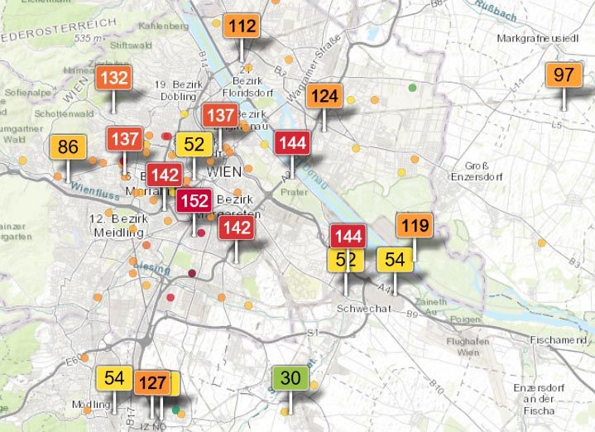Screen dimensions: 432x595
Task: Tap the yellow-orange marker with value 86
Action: pos(68,148)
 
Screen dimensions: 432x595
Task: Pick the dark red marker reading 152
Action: pos(194,201)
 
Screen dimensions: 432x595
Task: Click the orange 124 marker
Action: pos(324,97)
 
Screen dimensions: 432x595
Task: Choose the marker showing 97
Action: pos(564,75)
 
